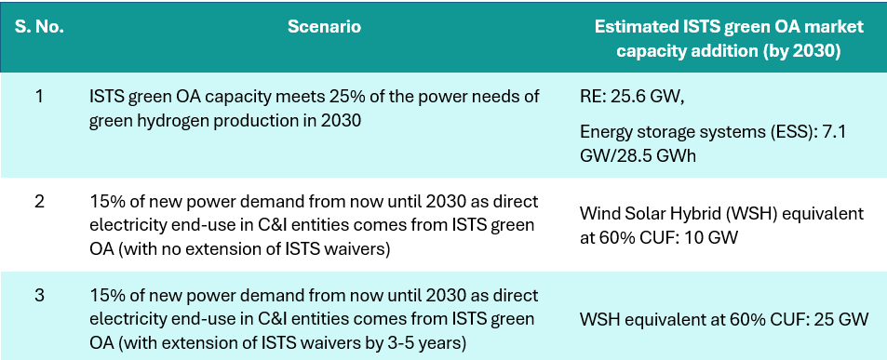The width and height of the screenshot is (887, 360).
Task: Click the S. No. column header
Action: click(39, 27)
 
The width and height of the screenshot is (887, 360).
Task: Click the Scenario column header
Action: click(324, 27)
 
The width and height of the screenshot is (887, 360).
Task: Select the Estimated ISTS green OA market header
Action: click(729, 27)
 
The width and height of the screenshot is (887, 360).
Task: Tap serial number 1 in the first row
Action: click(39, 97)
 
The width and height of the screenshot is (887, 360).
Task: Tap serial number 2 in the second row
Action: click(39, 202)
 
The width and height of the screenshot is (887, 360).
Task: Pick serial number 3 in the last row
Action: click(39, 296)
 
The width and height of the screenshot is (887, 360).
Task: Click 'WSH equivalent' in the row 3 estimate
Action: click(633, 320)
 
